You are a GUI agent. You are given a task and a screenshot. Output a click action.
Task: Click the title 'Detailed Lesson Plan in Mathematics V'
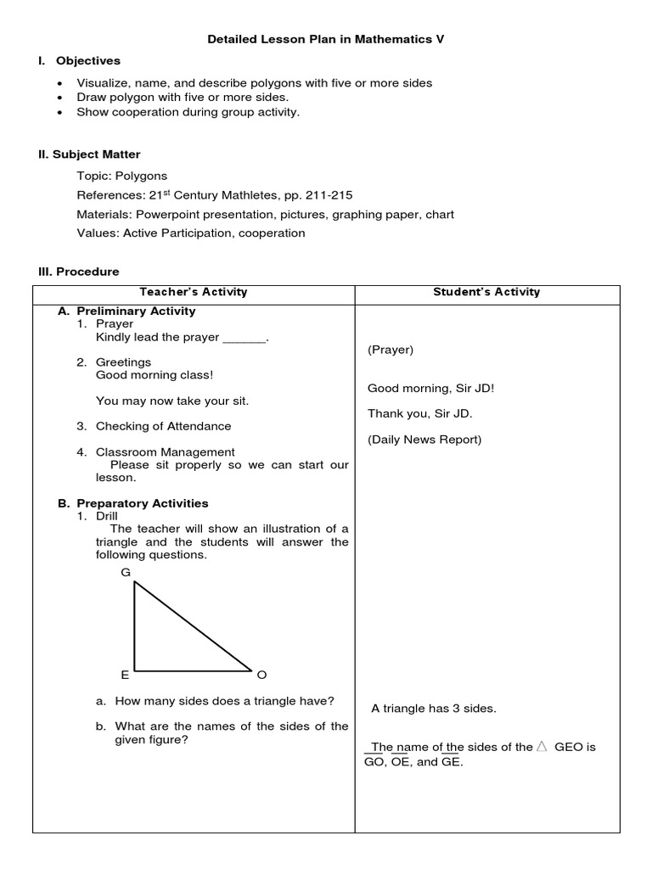(326, 39)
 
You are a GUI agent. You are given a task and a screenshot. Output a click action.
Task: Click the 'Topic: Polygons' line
(121, 177)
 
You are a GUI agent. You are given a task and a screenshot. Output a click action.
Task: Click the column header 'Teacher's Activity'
(194, 292)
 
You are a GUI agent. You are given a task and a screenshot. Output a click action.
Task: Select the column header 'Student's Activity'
(486, 292)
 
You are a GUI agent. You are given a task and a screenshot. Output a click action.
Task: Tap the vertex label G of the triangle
(126, 573)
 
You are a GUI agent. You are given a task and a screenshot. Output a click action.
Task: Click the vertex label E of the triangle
(125, 675)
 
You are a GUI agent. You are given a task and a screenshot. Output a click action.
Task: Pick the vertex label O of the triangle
(261, 675)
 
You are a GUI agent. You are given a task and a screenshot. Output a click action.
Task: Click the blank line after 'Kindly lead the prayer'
(244, 338)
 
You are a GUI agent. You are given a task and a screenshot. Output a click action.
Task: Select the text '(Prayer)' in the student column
(391, 350)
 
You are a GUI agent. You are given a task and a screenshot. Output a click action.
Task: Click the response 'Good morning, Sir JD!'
(430, 389)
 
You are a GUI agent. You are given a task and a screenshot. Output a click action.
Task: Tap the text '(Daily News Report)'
(424, 440)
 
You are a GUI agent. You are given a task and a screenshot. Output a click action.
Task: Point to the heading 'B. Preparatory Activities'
(133, 503)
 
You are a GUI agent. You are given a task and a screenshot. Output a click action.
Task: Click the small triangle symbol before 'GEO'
(542, 747)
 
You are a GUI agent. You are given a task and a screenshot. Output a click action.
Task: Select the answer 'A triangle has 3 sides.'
(434, 709)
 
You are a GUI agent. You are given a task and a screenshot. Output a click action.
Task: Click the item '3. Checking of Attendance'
(154, 426)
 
